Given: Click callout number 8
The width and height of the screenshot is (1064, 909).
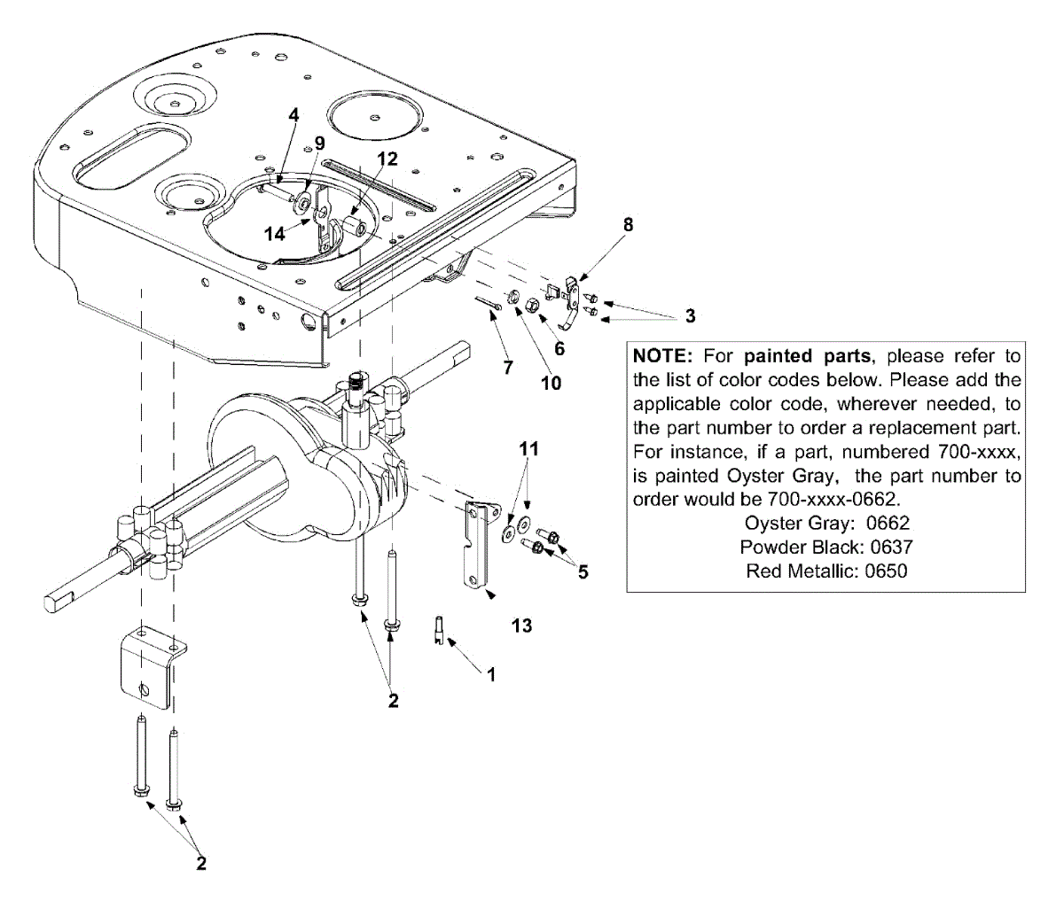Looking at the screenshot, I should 628,225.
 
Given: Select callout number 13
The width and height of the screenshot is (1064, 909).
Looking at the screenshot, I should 521,625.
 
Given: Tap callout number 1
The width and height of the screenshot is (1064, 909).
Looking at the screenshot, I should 491,673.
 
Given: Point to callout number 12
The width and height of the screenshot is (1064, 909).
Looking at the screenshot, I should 387,159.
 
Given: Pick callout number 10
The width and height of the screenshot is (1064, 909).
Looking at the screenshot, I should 551,383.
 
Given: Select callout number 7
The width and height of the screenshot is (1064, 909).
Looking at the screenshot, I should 508,368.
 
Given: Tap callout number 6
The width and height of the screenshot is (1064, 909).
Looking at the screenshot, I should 559,349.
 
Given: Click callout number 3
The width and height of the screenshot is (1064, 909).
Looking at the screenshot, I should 690,316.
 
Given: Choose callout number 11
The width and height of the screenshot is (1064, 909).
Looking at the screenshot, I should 528,449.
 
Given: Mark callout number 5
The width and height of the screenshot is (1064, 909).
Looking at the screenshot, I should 583,572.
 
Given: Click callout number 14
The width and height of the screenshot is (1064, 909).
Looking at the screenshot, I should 276,234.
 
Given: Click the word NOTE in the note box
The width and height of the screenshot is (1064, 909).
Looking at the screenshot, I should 661,356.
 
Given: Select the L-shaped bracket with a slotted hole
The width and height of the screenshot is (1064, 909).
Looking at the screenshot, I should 151,666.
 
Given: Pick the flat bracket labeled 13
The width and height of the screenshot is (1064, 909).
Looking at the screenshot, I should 476,546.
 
